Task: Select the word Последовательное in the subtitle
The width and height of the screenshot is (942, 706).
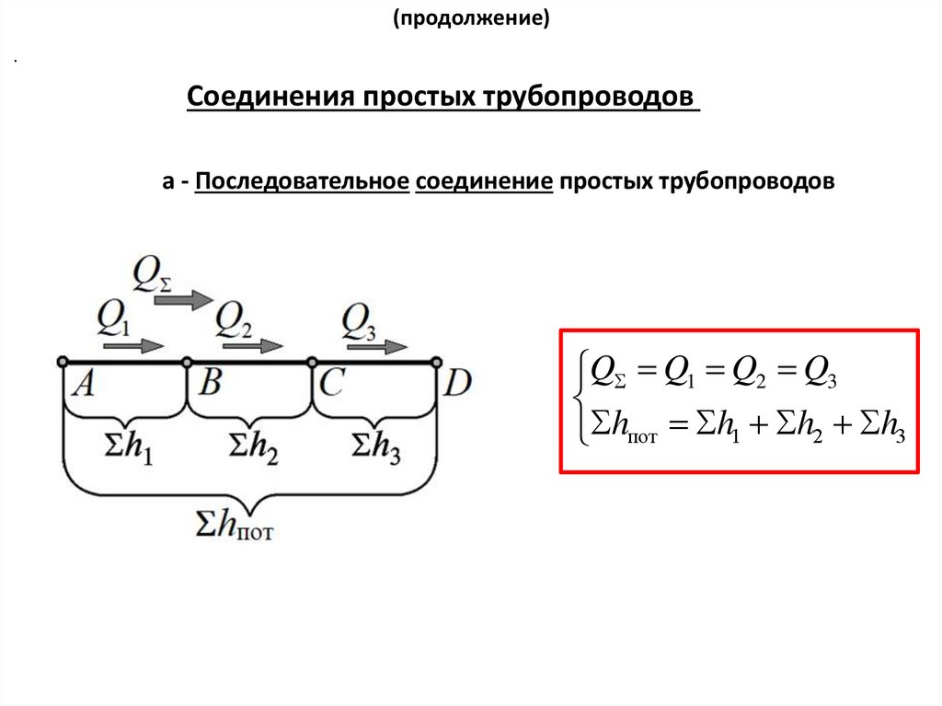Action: (x=301, y=181)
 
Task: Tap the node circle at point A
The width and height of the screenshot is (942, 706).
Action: (x=62, y=362)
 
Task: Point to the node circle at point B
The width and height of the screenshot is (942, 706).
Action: (x=187, y=362)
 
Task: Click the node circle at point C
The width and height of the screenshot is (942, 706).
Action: (x=312, y=362)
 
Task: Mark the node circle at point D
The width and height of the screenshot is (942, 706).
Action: (x=437, y=362)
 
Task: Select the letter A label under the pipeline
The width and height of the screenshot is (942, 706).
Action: (x=82, y=384)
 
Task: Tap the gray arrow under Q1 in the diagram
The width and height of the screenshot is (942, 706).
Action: (x=133, y=346)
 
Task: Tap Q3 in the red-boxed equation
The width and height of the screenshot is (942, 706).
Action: (x=819, y=372)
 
